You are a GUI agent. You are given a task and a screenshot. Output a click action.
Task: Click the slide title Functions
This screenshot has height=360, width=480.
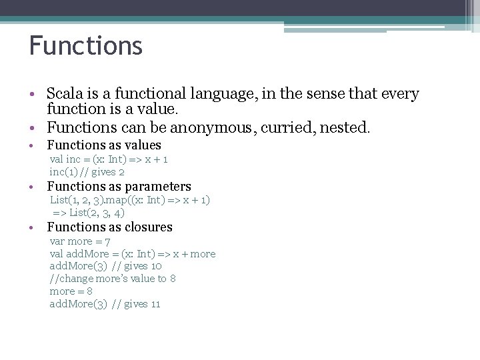click(x=85, y=46)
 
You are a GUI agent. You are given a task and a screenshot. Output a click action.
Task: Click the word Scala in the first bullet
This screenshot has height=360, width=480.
click(x=65, y=94)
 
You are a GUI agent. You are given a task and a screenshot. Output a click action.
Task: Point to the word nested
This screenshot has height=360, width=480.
click(x=345, y=127)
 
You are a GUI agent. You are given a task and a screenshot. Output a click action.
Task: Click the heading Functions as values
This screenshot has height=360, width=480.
click(x=104, y=145)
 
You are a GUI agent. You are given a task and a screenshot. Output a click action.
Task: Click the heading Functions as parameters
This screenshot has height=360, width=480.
click(x=119, y=187)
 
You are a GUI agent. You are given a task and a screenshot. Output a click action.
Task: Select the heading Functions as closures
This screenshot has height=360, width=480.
click(x=109, y=227)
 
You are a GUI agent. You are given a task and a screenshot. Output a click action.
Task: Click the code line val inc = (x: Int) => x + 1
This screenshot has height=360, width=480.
click(x=109, y=159)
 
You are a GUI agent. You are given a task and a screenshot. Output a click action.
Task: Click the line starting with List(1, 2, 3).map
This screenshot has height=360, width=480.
click(x=130, y=200)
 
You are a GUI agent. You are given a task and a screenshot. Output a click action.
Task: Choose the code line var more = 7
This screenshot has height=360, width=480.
click(x=80, y=241)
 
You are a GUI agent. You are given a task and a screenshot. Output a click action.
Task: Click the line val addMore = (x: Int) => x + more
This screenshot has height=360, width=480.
click(x=133, y=254)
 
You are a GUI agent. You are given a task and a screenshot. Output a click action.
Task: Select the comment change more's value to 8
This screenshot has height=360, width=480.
click(x=113, y=279)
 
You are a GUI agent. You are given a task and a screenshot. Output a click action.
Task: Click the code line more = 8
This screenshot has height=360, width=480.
click(x=71, y=291)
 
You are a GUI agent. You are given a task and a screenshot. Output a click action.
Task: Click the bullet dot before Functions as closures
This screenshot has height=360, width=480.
click(x=33, y=228)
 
